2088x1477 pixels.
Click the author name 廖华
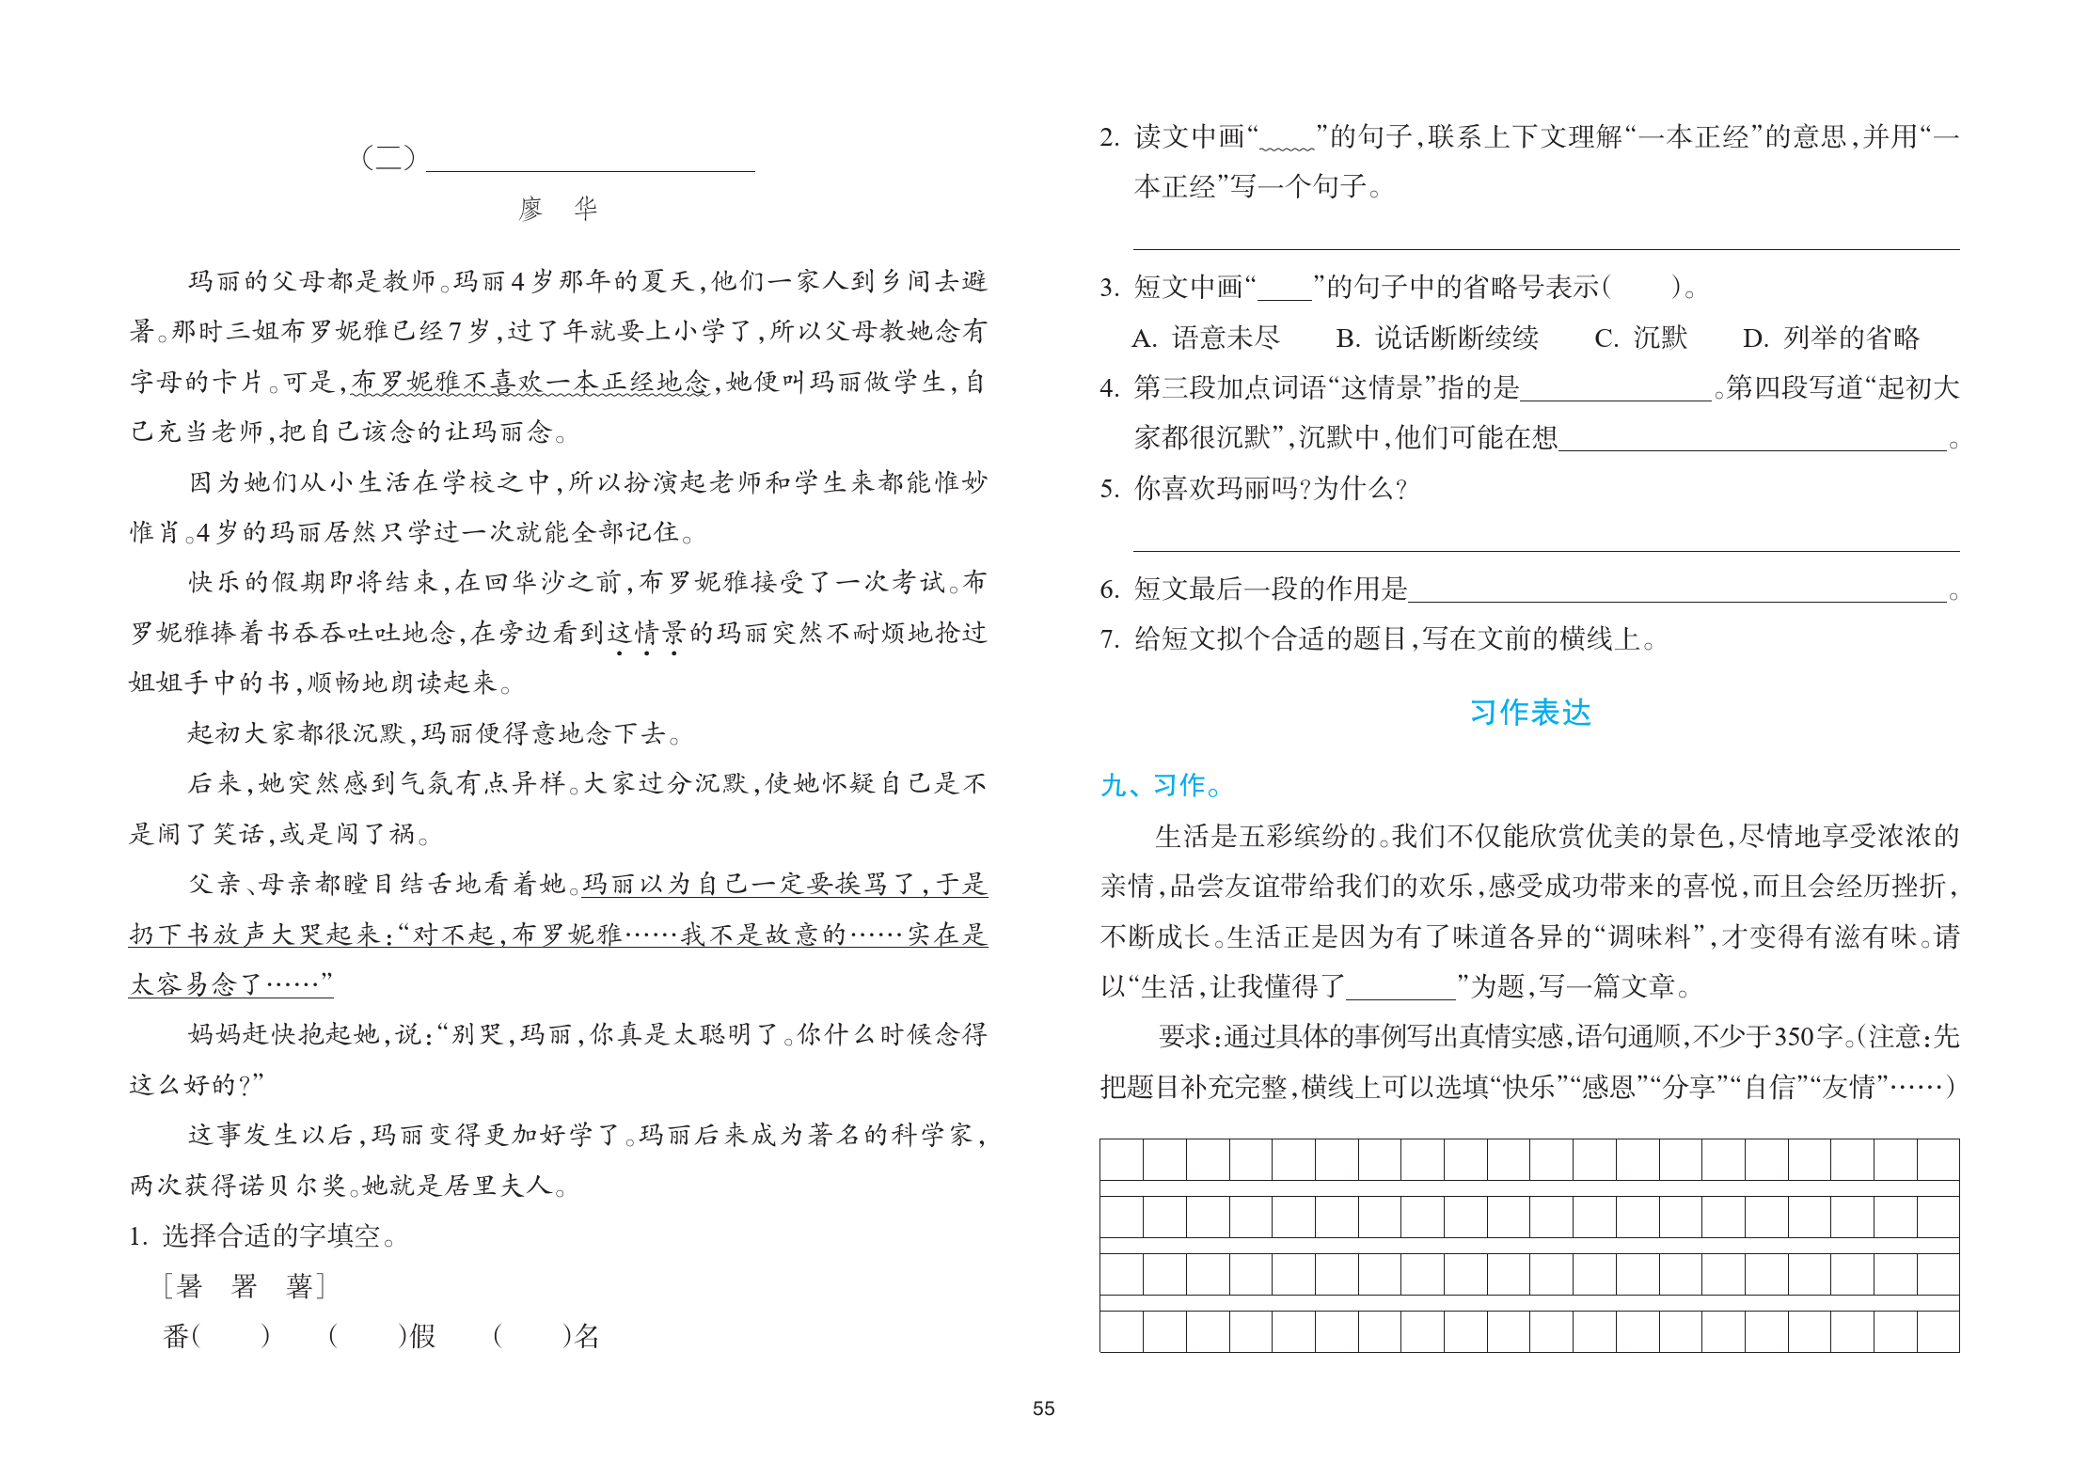(x=558, y=208)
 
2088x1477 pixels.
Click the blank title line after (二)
(x=590, y=160)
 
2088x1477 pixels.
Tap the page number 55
(x=1043, y=1408)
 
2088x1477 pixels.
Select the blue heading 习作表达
(x=1530, y=713)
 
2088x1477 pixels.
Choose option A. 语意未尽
(x=1206, y=338)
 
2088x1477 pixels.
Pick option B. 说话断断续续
(x=1436, y=338)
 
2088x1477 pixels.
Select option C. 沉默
(x=1641, y=338)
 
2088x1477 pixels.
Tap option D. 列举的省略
(x=1830, y=338)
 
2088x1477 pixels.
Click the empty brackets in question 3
(x=1641, y=287)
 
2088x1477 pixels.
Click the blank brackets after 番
(x=231, y=1335)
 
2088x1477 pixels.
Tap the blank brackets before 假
(x=367, y=1335)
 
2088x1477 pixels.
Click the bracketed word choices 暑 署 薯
(x=245, y=1285)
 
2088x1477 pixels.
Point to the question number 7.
(x=1109, y=639)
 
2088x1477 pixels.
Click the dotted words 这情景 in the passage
(x=647, y=633)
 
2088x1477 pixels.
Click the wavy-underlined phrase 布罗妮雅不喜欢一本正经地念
(x=530, y=382)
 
